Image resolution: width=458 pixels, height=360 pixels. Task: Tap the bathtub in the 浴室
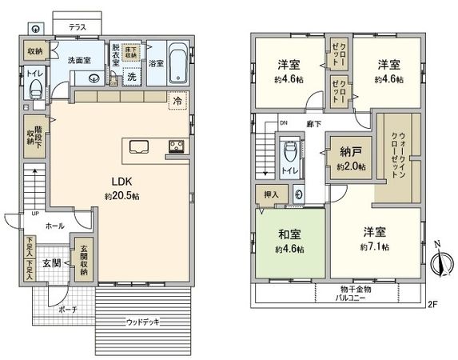point(179,63)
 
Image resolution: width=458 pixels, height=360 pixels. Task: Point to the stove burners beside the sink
point(175,146)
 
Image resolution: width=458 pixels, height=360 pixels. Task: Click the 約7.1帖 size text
point(374,246)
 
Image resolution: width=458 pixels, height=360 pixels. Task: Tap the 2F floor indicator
point(433,303)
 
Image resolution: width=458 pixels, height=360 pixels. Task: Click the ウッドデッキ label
point(143,322)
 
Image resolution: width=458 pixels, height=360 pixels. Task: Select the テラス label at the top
point(77,26)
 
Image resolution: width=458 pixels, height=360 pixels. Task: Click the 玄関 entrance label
point(51,263)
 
